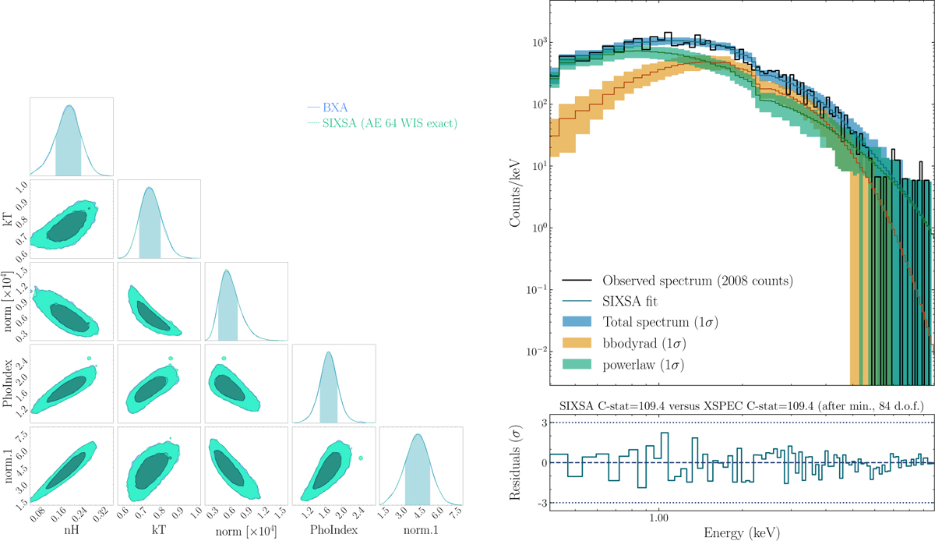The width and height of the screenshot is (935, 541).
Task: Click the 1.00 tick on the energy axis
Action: (x=659, y=517)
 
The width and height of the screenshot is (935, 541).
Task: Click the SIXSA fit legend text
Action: (x=633, y=299)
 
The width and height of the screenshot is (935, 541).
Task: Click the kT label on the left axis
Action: (x=9, y=216)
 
